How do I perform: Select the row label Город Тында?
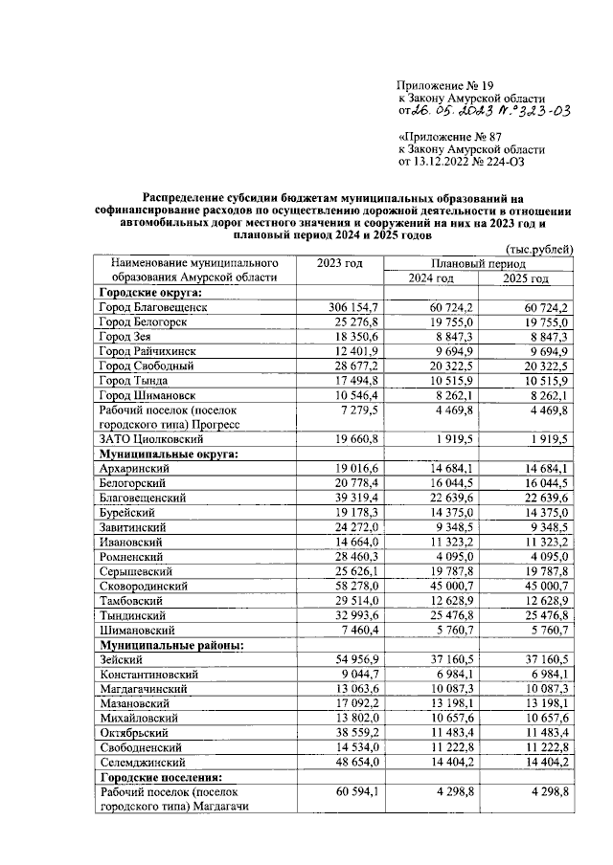click(137, 380)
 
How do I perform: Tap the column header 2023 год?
click(340, 262)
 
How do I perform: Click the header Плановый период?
click(478, 262)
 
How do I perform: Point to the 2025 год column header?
click(526, 278)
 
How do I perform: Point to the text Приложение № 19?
click(447, 85)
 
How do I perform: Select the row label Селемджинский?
click(145, 762)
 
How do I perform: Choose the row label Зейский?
click(121, 660)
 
